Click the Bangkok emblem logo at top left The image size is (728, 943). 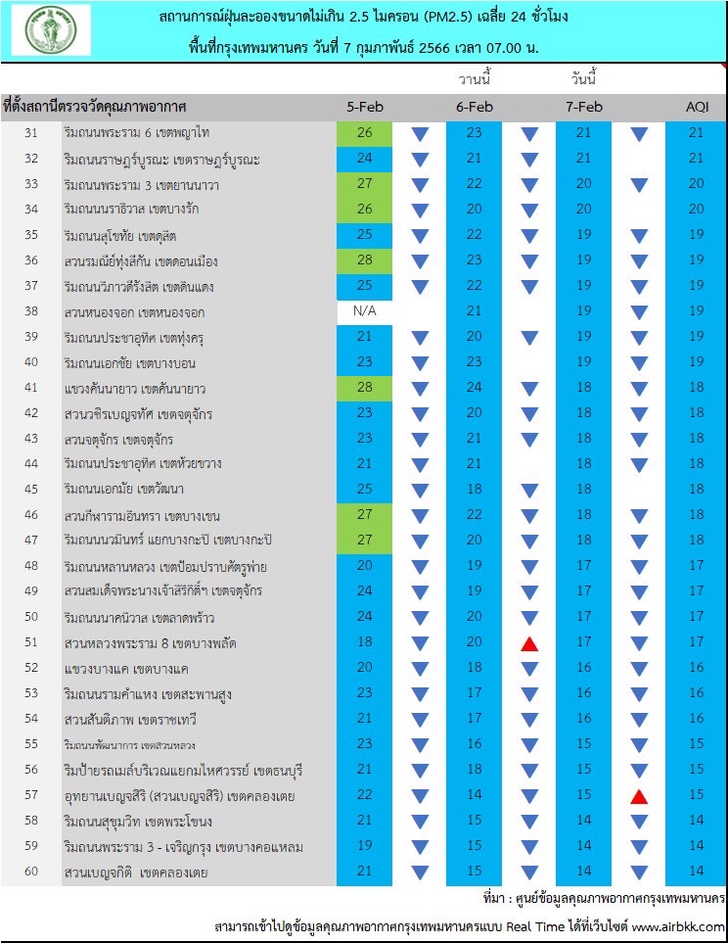[51, 30]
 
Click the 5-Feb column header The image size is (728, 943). [364, 107]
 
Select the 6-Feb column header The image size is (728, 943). [475, 107]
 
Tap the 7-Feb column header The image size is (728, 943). [583, 107]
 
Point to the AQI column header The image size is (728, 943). [696, 107]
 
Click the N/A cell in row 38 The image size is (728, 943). [364, 311]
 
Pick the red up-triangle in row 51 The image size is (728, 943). [529, 643]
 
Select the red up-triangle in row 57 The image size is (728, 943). [639, 796]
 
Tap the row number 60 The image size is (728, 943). [31, 872]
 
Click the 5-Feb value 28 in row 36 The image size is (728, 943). [364, 260]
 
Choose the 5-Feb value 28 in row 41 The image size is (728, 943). [364, 388]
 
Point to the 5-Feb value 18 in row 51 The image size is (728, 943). [364, 643]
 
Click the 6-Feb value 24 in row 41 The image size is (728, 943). [475, 388]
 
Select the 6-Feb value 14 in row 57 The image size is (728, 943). [475, 795]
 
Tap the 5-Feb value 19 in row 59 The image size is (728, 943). [364, 846]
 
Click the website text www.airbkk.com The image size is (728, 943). [678, 926]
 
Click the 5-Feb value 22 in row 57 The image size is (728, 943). [364, 795]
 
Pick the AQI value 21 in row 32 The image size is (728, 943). [696, 159]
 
